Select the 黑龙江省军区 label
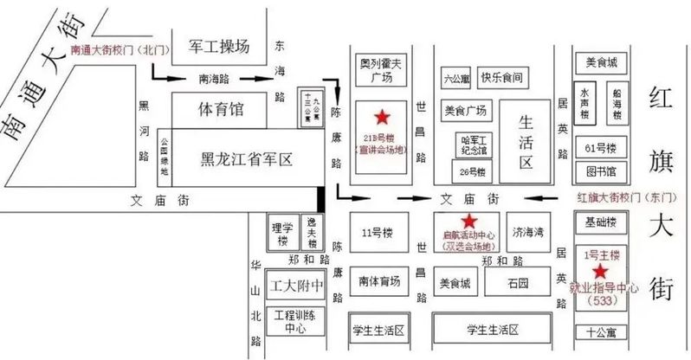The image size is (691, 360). (247, 158)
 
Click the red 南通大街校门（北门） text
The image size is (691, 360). (120, 50)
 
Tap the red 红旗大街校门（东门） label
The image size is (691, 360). (620, 198)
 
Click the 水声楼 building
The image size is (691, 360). (585, 102)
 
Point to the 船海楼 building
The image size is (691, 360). (616, 102)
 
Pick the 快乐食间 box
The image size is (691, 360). (501, 77)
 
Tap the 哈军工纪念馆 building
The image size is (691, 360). (475, 143)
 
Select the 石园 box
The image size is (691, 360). (519, 282)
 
